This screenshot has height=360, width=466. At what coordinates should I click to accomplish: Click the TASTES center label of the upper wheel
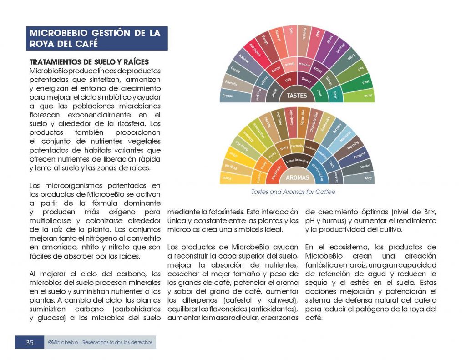tap(297, 96)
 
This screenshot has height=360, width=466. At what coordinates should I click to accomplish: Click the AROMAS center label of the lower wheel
tap(297, 177)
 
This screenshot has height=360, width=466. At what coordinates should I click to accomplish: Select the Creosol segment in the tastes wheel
tap(228, 96)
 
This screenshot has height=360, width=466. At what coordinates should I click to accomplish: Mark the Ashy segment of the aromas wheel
tap(368, 178)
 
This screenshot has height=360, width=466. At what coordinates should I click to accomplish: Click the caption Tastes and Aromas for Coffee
tap(293, 192)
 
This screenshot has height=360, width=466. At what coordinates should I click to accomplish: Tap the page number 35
tap(30, 343)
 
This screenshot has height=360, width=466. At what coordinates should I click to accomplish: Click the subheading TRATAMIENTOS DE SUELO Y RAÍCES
tap(89, 62)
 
